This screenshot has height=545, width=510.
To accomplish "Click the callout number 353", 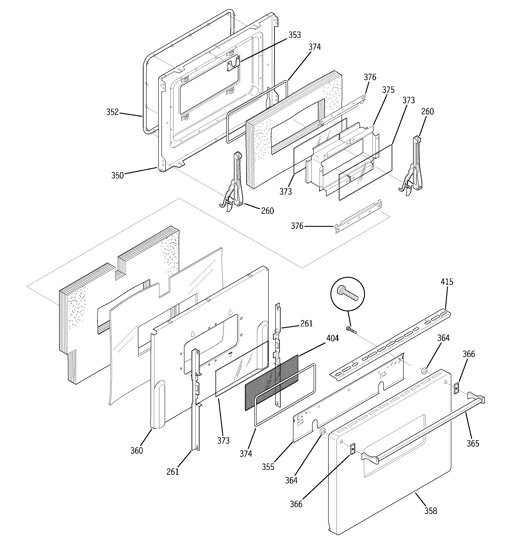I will point(295,35).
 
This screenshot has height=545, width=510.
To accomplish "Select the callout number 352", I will point(112,112).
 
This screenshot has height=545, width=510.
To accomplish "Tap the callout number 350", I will point(117,176).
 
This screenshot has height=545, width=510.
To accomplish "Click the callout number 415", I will point(447,282).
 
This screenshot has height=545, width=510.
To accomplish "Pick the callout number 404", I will point(332,338).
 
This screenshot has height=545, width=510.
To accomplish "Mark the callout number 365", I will point(473,443).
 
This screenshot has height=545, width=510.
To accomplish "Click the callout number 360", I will point(136,450).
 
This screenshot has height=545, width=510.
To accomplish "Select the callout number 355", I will point(268,467).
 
